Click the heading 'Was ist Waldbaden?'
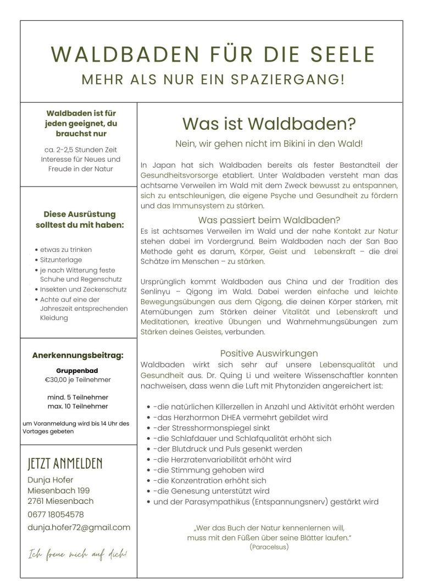pos(269,124)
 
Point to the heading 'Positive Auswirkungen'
pos(269,354)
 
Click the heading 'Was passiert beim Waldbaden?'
pos(269,220)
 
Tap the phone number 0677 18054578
pos(55,514)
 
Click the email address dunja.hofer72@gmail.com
pos(79,527)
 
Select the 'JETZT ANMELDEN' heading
pos(65,464)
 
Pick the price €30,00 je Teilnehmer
pos(77,380)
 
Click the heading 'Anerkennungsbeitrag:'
pos(77,355)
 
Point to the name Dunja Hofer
pos(50,480)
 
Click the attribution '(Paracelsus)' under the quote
pos(269,547)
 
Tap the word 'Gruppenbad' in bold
pos(77,370)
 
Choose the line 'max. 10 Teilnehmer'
pos(77,406)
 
